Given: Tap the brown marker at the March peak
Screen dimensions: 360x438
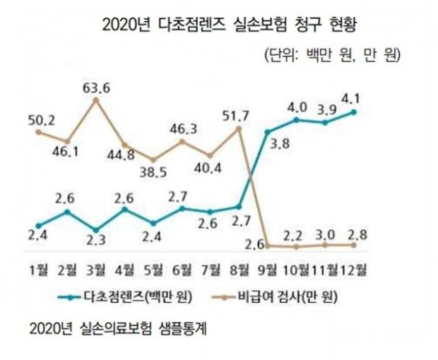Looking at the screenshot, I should pyautogui.click(x=96, y=100).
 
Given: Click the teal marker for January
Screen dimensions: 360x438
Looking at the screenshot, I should pyautogui.click(x=38, y=224).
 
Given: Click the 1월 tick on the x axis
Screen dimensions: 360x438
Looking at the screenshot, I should pyautogui.click(x=39, y=268).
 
